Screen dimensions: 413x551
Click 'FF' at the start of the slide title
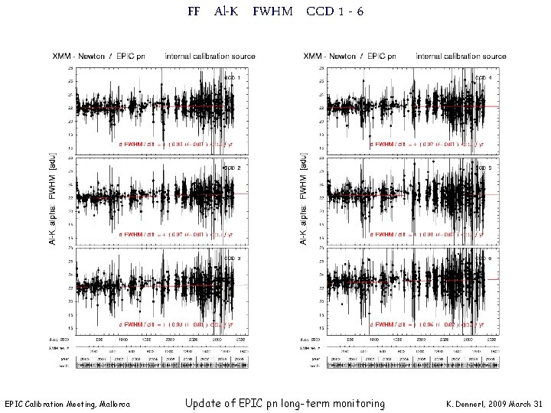[x=193, y=11]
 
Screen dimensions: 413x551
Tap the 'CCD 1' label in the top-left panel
[x=232, y=77]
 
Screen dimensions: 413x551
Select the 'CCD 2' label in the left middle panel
[x=232, y=167]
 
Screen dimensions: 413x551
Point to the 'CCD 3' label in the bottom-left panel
[x=232, y=258]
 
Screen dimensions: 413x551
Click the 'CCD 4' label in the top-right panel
[x=484, y=77]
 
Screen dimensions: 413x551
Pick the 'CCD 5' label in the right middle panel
[x=484, y=167]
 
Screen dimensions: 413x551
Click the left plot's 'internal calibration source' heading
[x=209, y=56]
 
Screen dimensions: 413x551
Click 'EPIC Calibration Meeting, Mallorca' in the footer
[x=67, y=404]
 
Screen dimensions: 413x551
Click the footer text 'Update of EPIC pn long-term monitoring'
[x=285, y=403]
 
